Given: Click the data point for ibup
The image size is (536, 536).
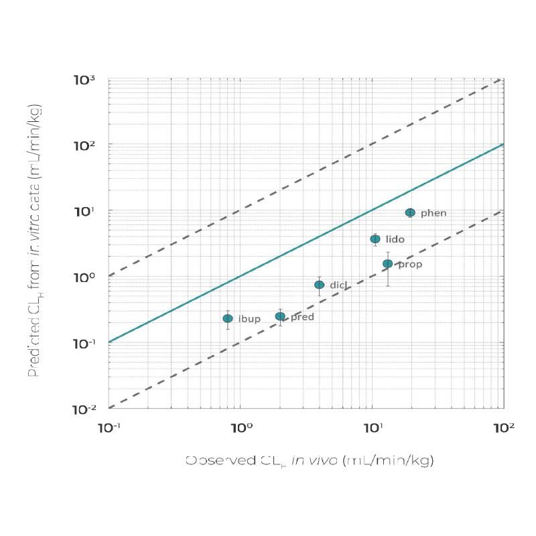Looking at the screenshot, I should (x=228, y=318).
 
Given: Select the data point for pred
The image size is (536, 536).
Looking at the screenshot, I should (x=280, y=316).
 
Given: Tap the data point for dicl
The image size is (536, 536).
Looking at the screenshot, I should (x=320, y=285).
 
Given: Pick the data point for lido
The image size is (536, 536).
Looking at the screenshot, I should (x=375, y=239).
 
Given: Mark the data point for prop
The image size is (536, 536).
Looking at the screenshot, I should (x=387, y=264).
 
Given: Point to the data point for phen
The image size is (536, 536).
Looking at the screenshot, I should (x=410, y=212).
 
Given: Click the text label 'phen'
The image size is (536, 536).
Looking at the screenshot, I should (x=433, y=213).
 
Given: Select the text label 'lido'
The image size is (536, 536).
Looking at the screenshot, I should (x=395, y=239).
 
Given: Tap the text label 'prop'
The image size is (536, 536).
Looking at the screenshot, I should (x=410, y=265).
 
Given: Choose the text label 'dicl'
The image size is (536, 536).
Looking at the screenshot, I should (x=338, y=285).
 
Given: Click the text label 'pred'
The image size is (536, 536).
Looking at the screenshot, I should (x=302, y=317).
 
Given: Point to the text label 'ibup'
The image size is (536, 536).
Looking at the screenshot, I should (x=249, y=319).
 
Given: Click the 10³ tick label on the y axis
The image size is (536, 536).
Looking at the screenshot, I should (x=84, y=80).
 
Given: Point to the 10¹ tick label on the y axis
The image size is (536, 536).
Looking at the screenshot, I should (x=86, y=212).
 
